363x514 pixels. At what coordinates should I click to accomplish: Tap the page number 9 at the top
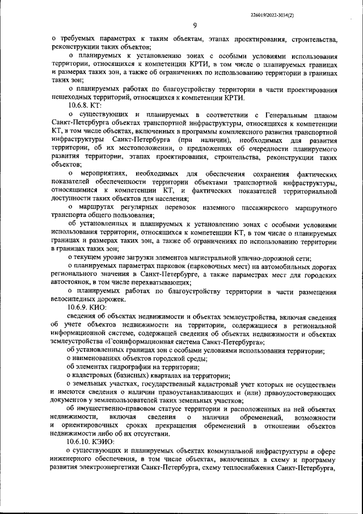tap(195, 25)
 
